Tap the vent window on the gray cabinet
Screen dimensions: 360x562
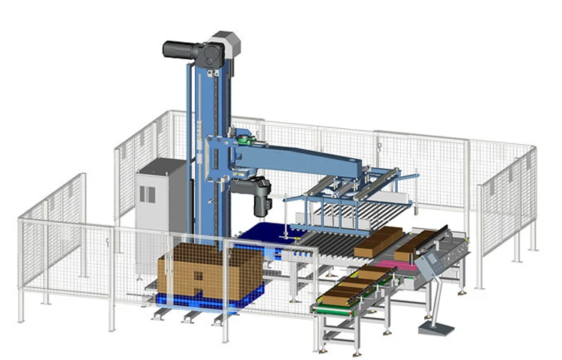coord(148,193)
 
